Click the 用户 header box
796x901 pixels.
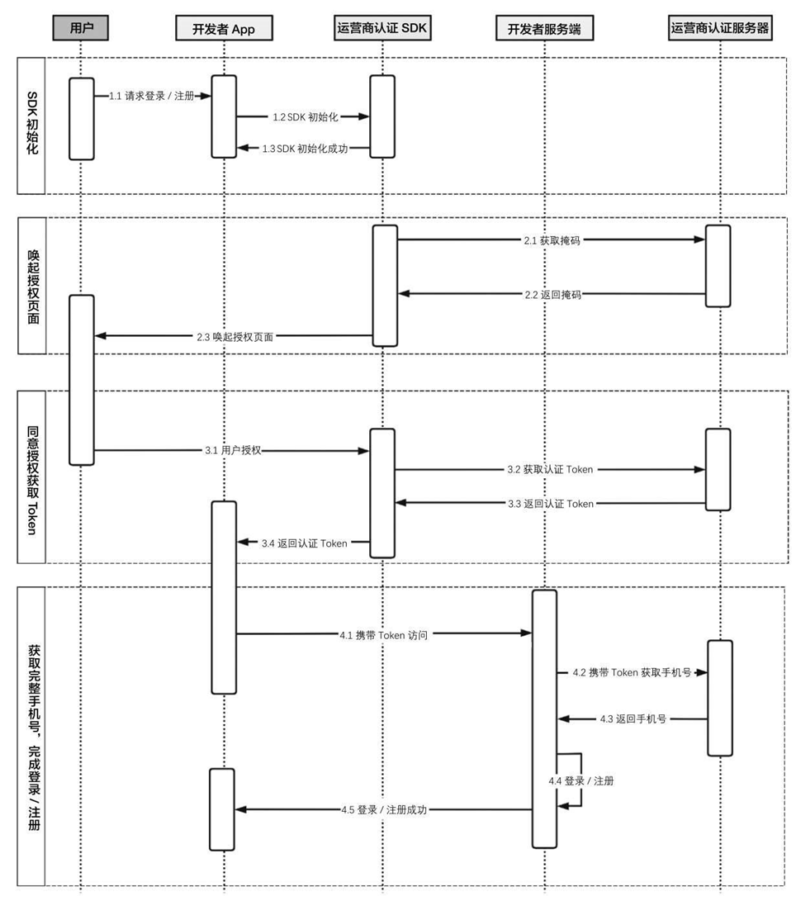click(x=81, y=28)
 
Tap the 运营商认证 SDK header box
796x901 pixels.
click(x=381, y=28)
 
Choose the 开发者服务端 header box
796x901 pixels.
click(x=544, y=30)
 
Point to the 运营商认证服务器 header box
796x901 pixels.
click(x=720, y=28)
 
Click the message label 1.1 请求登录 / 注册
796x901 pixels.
click(x=152, y=96)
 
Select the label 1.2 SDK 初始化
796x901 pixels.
click(x=306, y=117)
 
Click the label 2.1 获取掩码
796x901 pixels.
click(x=552, y=240)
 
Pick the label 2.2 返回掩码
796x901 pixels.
click(x=552, y=294)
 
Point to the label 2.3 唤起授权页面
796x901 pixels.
click(x=235, y=337)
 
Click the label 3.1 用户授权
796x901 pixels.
click(x=233, y=451)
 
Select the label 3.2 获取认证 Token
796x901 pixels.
click(x=550, y=470)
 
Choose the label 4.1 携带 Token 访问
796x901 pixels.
click(x=383, y=634)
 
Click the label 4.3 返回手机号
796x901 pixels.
click(x=633, y=719)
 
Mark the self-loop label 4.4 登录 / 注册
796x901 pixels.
click(x=580, y=780)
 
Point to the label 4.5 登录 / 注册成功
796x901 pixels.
click(x=384, y=810)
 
